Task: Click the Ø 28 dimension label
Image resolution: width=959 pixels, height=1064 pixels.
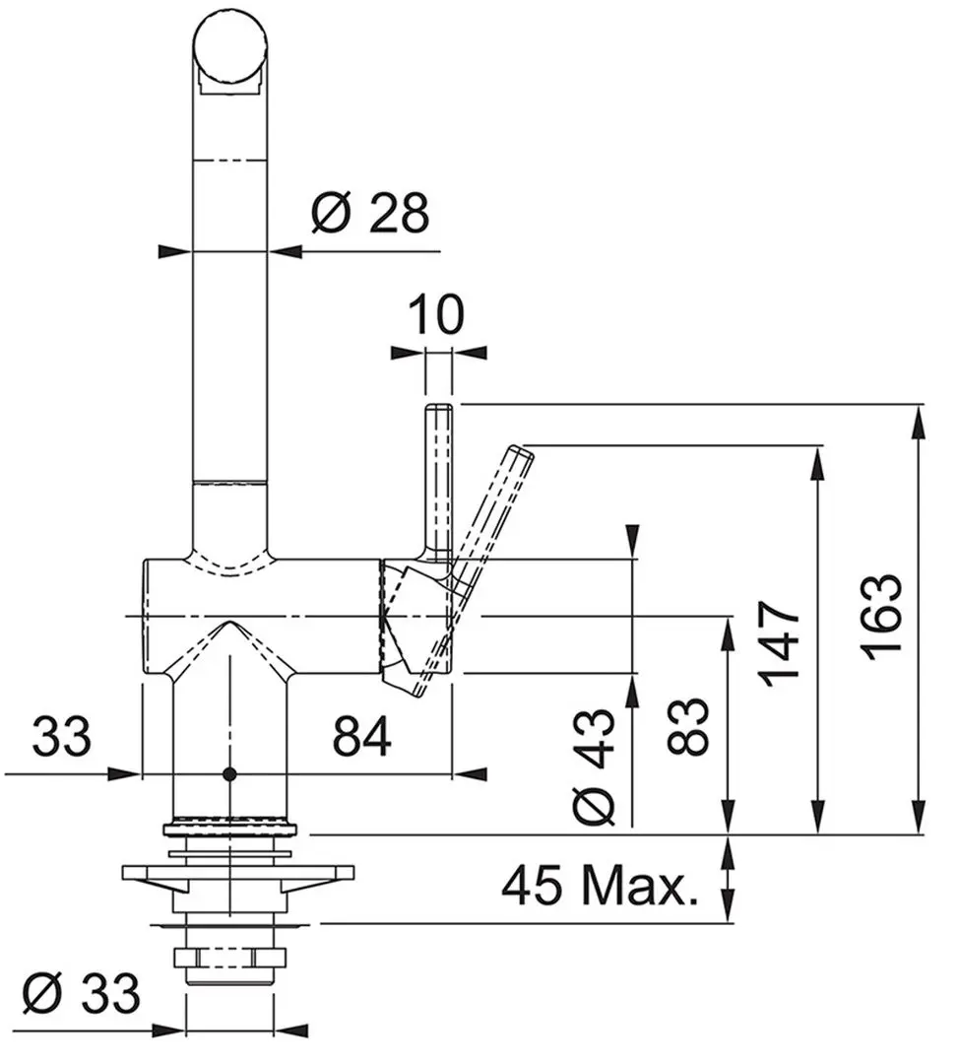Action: pyautogui.click(x=370, y=213)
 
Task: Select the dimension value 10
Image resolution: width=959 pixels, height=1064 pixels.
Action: pyautogui.click(x=436, y=316)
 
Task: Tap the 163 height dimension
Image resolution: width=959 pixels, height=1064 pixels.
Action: pyautogui.click(x=879, y=617)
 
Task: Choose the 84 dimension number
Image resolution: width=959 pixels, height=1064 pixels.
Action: pyautogui.click(x=361, y=736)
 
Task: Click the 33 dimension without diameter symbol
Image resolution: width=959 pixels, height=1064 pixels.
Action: pyautogui.click(x=61, y=736)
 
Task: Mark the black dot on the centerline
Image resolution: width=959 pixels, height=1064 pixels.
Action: pyautogui.click(x=229, y=774)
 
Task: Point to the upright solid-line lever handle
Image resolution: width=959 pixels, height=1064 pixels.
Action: pyautogui.click(x=438, y=473)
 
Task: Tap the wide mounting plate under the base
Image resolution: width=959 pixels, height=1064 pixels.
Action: pyautogui.click(x=237, y=874)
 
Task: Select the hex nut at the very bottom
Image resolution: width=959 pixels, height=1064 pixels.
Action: pyautogui.click(x=229, y=957)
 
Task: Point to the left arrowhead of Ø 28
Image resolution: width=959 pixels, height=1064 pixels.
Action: pyautogui.click(x=172, y=252)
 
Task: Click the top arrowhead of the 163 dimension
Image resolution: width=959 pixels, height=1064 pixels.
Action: pyautogui.click(x=920, y=419)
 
